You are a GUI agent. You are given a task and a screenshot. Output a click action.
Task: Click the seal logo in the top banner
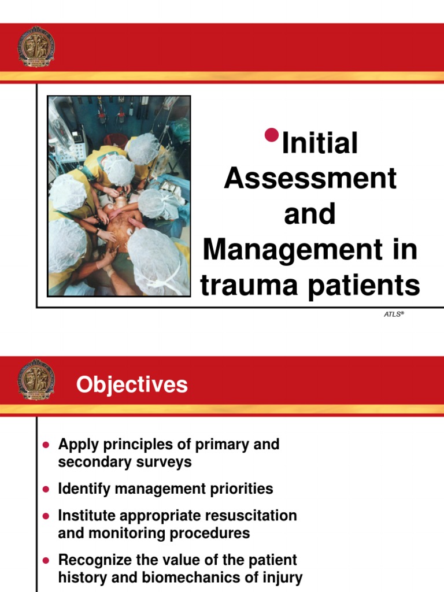tap(36, 47)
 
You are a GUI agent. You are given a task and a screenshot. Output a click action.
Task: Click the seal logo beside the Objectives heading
tap(36, 380)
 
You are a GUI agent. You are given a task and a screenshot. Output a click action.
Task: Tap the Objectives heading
tap(132, 384)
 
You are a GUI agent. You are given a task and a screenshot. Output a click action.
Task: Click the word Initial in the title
tap(319, 143)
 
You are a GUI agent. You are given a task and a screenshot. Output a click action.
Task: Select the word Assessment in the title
tap(310, 179)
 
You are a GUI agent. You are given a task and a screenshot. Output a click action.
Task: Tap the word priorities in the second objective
tap(242, 489)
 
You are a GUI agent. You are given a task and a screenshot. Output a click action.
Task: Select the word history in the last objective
tap(80, 577)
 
